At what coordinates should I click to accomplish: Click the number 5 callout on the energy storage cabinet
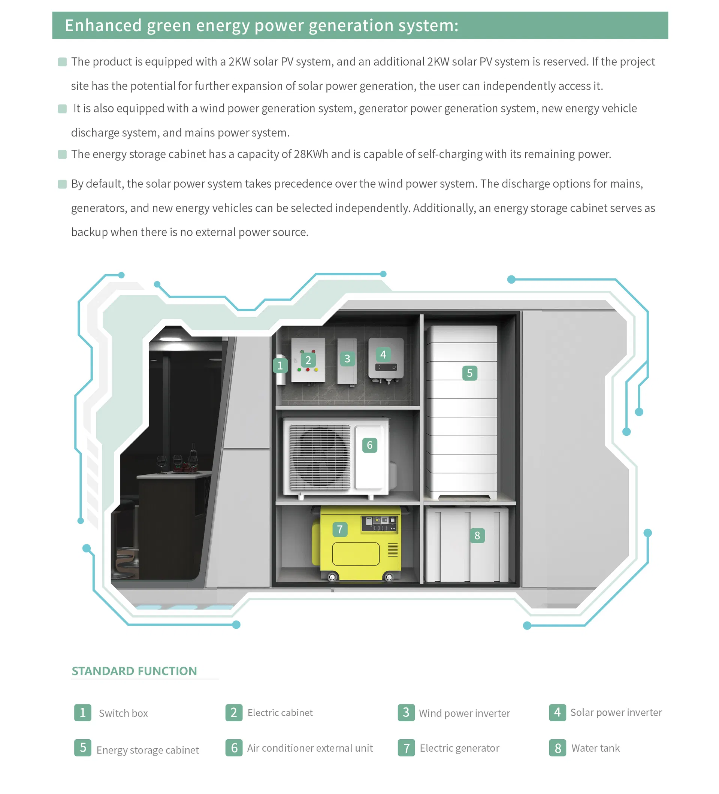(469, 373)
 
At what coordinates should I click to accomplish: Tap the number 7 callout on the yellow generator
(340, 529)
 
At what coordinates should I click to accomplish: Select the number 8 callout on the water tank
(477, 535)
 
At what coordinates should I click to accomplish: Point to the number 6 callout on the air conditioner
(369, 445)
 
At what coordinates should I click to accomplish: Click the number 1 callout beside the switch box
(280, 365)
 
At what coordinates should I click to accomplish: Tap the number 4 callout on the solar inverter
(383, 354)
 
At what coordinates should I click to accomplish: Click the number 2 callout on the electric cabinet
(308, 360)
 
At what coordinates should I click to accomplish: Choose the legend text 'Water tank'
(595, 748)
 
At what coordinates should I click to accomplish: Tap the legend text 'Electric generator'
(459, 748)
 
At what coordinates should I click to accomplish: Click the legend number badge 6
(234, 748)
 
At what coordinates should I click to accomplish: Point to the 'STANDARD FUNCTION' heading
(134, 671)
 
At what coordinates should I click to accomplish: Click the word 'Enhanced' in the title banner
(103, 25)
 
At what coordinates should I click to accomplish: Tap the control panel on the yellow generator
(379, 524)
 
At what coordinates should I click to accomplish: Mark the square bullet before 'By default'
(62, 184)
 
